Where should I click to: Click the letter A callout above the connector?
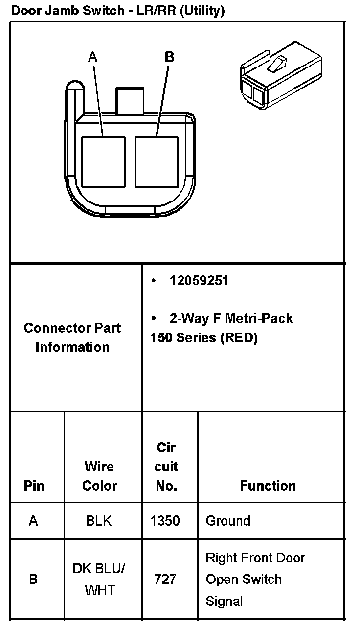92,57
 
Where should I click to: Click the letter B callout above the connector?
169,57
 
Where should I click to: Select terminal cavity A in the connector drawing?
103,161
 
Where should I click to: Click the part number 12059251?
199,281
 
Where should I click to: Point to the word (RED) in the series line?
239,338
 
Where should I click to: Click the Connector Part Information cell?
72,337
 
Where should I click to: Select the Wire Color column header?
100,476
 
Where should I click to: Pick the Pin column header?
34,486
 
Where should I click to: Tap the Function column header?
268,486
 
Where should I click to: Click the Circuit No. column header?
166,467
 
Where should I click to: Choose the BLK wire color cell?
99,521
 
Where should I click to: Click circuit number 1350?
165,521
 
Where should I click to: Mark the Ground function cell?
228,521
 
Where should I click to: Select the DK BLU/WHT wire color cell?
99,580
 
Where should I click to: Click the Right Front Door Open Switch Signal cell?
255,580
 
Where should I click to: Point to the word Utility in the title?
202,11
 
